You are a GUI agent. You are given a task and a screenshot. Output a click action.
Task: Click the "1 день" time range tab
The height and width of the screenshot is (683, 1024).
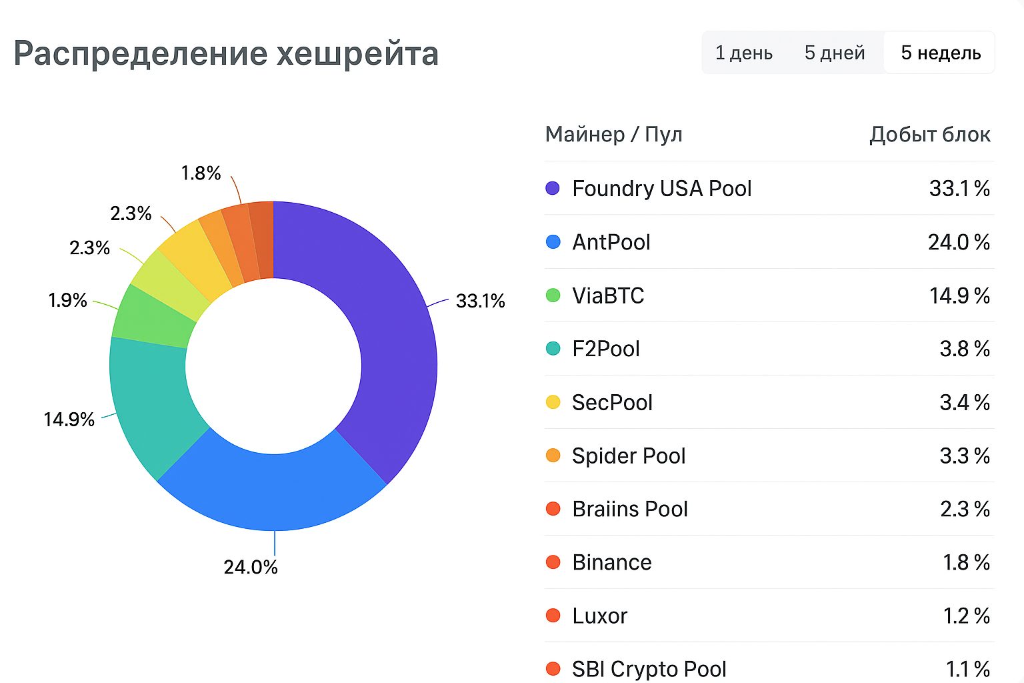coord(743,53)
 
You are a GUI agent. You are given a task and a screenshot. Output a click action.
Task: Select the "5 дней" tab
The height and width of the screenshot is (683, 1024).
coord(834,53)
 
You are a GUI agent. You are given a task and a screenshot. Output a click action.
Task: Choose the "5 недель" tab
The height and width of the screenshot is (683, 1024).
coord(940,53)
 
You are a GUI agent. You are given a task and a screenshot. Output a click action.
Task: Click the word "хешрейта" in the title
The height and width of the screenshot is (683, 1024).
coord(357,54)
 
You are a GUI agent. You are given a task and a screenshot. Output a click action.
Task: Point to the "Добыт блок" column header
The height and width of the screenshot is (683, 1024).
coord(929,135)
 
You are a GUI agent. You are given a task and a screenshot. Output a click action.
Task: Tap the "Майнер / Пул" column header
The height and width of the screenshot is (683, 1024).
coord(613,135)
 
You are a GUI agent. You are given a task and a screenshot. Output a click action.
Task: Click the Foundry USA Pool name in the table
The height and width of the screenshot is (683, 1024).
coord(661,189)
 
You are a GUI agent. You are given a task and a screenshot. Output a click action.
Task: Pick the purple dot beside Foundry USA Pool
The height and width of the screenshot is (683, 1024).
coord(553,188)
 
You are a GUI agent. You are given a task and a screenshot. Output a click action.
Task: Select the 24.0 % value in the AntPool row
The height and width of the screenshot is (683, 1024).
coord(958,242)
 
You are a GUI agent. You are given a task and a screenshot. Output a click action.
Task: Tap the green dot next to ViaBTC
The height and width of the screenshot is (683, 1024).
coord(553,295)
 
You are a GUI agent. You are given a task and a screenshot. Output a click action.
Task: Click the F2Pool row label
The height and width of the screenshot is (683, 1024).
coord(605,349)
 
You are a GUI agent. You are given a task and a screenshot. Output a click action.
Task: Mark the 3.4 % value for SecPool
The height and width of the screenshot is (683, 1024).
coord(964,402)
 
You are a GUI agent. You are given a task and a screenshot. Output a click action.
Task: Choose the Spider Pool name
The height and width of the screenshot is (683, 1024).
coord(628,456)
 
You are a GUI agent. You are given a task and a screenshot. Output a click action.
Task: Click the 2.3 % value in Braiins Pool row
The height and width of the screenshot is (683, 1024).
coord(964,509)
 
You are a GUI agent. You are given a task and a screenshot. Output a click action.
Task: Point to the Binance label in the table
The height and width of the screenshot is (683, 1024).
coord(611,562)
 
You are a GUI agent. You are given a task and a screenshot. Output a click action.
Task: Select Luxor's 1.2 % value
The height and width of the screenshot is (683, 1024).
coord(965,616)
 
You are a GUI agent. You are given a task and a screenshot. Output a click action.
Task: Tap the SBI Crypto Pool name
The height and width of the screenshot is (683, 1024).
coord(649,669)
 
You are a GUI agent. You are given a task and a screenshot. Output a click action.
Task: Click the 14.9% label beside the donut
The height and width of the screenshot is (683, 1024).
coord(69,420)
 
